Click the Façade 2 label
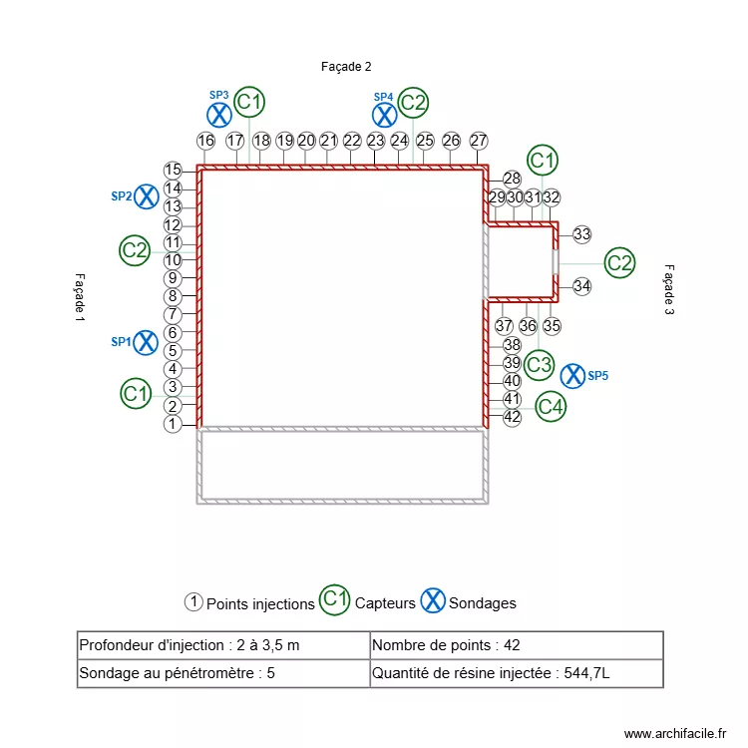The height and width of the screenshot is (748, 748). click(x=346, y=67)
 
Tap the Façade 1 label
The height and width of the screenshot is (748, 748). click(x=80, y=296)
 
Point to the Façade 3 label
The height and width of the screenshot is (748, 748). click(x=669, y=290)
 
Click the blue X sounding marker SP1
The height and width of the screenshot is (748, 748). click(x=146, y=342)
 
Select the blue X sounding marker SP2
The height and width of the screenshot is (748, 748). click(x=147, y=196)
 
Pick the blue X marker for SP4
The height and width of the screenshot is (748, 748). click(x=385, y=115)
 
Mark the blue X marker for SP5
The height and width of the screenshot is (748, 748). click(x=572, y=376)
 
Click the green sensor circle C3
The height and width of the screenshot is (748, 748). click(x=540, y=365)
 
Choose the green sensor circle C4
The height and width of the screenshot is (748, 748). click(x=551, y=407)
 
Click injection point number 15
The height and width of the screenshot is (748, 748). click(x=173, y=171)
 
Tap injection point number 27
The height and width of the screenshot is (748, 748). click(x=479, y=141)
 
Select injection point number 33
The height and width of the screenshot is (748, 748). click(x=581, y=234)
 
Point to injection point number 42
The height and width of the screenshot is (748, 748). click(x=512, y=417)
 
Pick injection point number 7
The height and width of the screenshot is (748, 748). click(x=173, y=314)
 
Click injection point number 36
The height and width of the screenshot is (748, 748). click(x=528, y=326)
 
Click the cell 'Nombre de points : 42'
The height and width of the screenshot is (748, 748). click(x=516, y=645)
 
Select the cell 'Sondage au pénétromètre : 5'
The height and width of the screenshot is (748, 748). click(x=222, y=673)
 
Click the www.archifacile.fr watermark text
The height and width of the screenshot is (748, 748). click(x=676, y=733)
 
